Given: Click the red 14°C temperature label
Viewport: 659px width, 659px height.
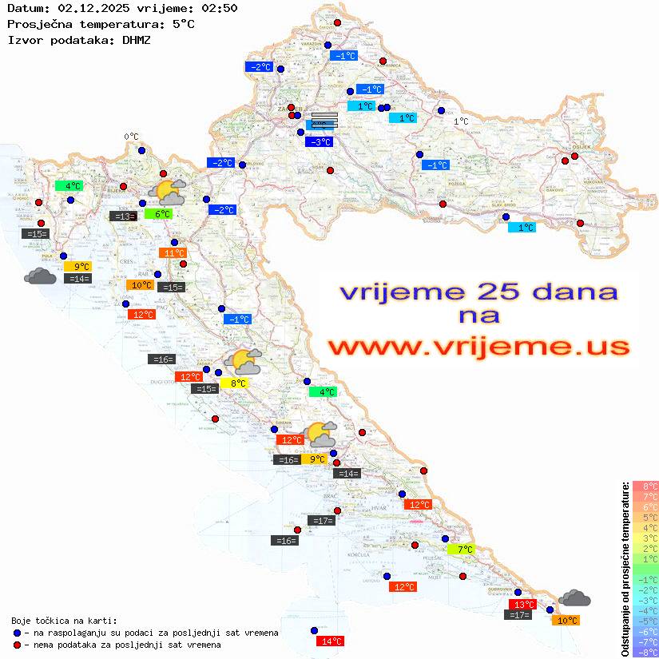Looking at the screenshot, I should (x=331, y=641).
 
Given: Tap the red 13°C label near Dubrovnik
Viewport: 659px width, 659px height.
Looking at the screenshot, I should (x=523, y=605).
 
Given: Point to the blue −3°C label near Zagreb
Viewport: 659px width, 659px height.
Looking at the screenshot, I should (x=319, y=141).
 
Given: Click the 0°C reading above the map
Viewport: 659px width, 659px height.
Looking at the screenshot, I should (x=131, y=137).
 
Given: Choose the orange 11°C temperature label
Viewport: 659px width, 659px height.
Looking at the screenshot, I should (x=173, y=253).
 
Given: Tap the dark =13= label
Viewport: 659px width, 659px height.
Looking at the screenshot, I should (x=122, y=216).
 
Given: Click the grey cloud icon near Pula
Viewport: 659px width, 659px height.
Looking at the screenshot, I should (x=40, y=276).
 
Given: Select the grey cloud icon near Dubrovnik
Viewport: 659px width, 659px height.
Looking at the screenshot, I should (x=574, y=597).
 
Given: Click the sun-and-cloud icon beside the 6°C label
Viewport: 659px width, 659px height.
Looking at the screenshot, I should (x=167, y=191).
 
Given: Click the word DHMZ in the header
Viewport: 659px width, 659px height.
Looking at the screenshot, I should (x=136, y=39).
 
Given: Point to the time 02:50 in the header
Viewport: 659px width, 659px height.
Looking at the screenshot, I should (x=220, y=8).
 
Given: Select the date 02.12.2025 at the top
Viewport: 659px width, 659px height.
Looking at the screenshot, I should (x=92, y=8).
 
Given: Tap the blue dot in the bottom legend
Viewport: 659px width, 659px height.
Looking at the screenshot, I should (x=18, y=633).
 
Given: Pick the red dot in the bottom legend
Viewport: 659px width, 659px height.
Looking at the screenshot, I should (x=18, y=645).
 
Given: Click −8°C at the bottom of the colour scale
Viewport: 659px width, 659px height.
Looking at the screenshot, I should (x=645, y=653).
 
